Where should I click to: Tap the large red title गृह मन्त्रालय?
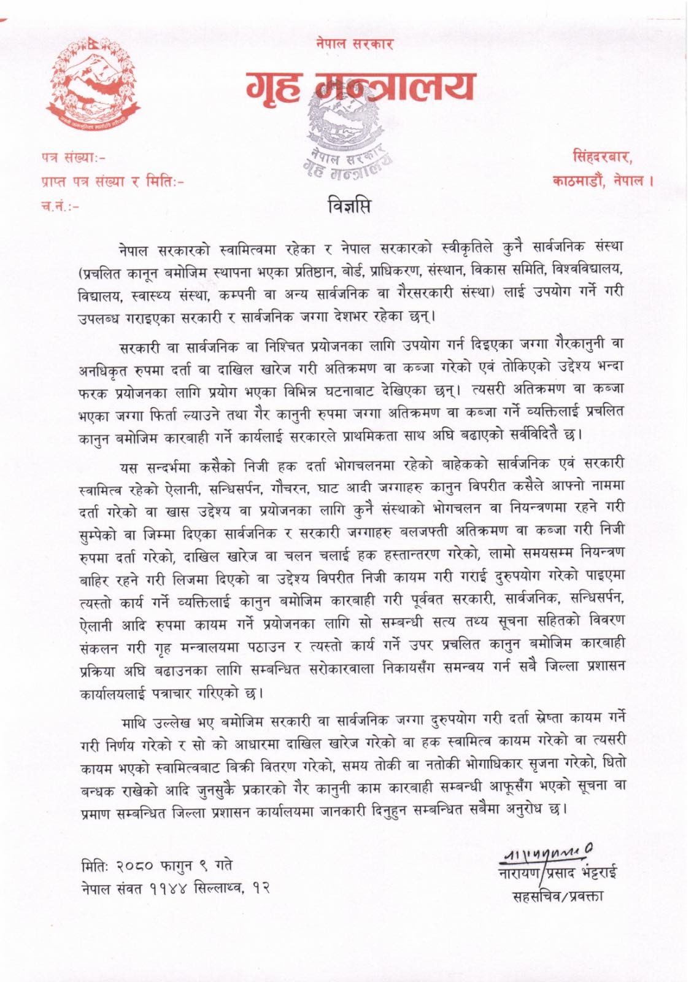pos(361,87)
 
